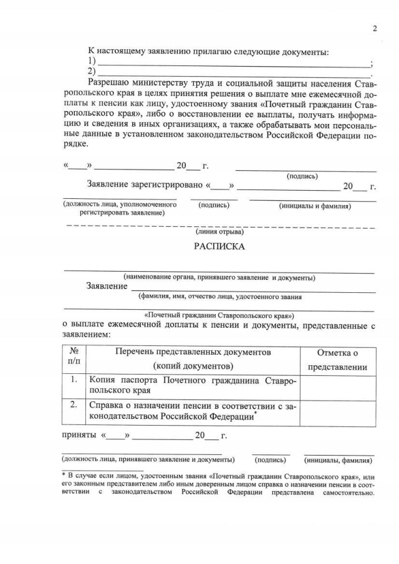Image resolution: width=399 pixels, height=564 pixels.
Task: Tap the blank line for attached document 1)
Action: [233, 64]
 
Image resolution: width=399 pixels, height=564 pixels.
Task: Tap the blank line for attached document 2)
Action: [233, 74]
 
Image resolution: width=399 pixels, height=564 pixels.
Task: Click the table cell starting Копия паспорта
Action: [193, 385]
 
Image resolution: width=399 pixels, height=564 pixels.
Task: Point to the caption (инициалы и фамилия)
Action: [315, 206]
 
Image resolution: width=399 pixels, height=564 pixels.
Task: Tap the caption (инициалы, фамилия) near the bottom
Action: [339, 461]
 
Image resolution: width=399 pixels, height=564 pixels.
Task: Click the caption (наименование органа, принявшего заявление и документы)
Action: [218, 278]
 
